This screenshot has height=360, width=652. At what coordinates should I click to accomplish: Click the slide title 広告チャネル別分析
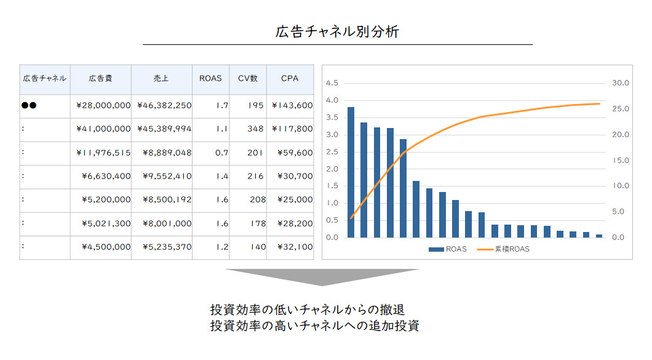tap(337, 32)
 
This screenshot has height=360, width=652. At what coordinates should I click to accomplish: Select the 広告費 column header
tap(100, 79)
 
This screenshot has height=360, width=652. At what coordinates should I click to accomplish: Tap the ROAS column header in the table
tap(210, 79)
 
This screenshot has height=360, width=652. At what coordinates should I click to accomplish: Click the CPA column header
tap(289, 79)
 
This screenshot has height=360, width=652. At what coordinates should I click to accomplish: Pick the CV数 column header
tap(248, 79)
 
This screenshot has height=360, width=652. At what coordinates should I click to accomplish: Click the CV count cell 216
tap(255, 177)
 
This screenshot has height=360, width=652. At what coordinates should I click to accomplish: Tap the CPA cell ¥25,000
tap(294, 200)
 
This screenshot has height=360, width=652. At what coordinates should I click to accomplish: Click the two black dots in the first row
tap(29, 105)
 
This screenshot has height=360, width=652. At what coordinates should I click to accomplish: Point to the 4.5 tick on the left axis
tap(332, 83)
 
